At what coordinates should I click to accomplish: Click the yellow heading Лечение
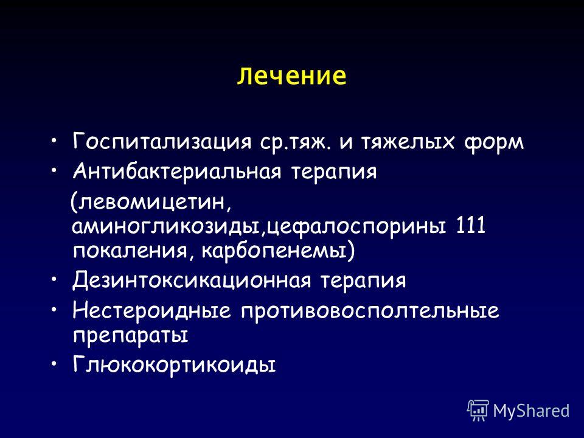[291, 76]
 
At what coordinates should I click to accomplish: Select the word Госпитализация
[162, 142]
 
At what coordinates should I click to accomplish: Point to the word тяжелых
[408, 142]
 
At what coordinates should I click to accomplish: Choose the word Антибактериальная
[177, 172]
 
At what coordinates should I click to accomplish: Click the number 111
[471, 224]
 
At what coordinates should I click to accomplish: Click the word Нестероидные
[152, 310]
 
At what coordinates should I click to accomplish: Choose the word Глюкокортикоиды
[175, 364]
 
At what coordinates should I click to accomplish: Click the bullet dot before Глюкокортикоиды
[54, 363]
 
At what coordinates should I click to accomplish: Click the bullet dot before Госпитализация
[54, 141]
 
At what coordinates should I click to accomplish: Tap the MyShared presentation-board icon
[478, 411]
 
